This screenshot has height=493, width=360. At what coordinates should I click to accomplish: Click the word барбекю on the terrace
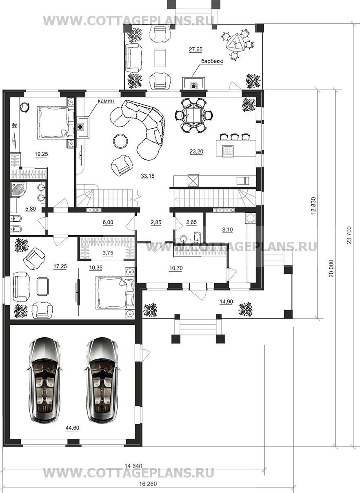pos(212,61)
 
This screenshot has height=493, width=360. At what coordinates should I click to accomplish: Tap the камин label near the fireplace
pos(106,101)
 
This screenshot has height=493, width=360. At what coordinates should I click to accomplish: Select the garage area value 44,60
pos(72,428)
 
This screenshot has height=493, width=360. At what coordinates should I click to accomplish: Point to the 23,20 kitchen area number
pos(196,152)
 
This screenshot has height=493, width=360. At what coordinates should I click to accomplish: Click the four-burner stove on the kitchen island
pos(228,151)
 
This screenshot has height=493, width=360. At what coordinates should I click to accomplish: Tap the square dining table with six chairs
pos(193,115)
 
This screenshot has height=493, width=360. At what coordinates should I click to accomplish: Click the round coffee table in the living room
pos(120,141)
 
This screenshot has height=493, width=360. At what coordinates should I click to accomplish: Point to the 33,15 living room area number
pos(148,176)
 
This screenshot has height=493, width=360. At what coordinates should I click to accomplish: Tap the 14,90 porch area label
pos(226,302)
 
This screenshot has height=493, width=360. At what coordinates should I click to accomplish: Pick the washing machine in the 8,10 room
pos(250,218)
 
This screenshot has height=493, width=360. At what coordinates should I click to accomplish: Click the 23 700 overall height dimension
pos(349,235)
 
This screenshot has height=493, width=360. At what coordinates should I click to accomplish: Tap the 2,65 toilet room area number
pos(191,222)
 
